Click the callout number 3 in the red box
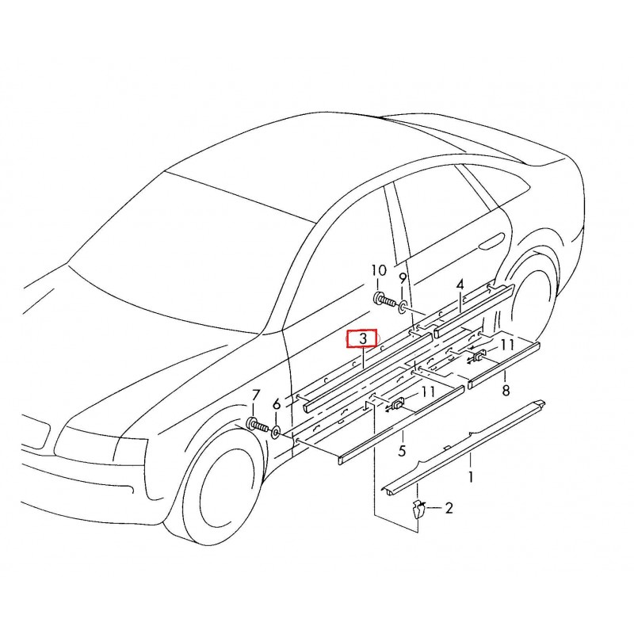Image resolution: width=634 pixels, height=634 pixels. click(363, 338)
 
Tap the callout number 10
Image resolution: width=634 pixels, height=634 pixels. click(379, 270)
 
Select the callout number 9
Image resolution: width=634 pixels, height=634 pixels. click(403, 279)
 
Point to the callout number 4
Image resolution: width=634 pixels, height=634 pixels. click(460, 285)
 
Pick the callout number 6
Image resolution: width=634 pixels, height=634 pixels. click(277, 403)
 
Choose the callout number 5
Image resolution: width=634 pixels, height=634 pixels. click(402, 450)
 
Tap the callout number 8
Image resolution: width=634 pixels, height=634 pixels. click(506, 390)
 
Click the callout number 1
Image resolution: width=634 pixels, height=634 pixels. click(471, 477)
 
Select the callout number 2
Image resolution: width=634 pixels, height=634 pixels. click(449, 508)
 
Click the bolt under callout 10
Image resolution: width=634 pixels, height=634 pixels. click(384, 300)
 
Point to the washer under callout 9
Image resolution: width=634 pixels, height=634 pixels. click(403, 307)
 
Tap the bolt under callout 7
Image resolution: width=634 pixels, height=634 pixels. click(258, 425)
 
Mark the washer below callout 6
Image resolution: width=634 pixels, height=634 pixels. click(276, 432)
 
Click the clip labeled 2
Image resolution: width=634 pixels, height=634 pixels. click(418, 509)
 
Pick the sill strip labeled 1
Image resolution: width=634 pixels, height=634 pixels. click(463, 446)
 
